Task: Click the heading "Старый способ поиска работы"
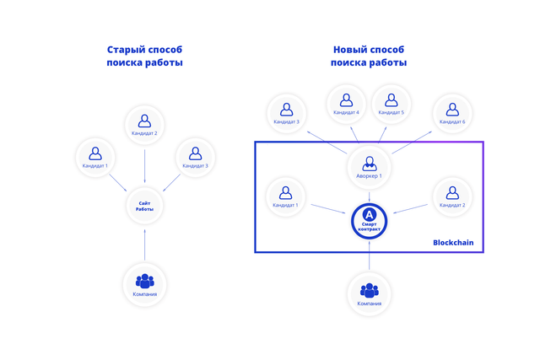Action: pos(144,56)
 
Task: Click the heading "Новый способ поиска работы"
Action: pos(369,56)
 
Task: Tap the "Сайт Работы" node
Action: pos(144,206)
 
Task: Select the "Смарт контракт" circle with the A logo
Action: pos(369,221)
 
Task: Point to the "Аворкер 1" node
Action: pos(369,166)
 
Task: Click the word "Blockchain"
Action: pos(453,243)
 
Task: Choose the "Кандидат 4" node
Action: pos(346,104)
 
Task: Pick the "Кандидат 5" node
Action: pos(391,104)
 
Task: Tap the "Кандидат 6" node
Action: pos(452,113)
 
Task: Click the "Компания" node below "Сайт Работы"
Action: pos(144,284)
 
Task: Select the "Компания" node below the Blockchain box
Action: pos(369,293)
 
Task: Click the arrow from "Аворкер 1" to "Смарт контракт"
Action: pos(369,196)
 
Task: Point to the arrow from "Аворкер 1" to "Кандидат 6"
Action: pos(412,142)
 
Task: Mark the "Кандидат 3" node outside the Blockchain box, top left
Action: pos(286,113)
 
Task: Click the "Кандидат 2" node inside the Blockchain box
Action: pos(452,196)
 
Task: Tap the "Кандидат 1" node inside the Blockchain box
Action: pos(285,196)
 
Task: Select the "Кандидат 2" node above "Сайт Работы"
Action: pos(144,124)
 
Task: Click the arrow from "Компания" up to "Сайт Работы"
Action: pos(144,244)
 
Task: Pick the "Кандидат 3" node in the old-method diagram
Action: pos(195,157)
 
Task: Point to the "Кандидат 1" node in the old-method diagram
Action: pos(95,157)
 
